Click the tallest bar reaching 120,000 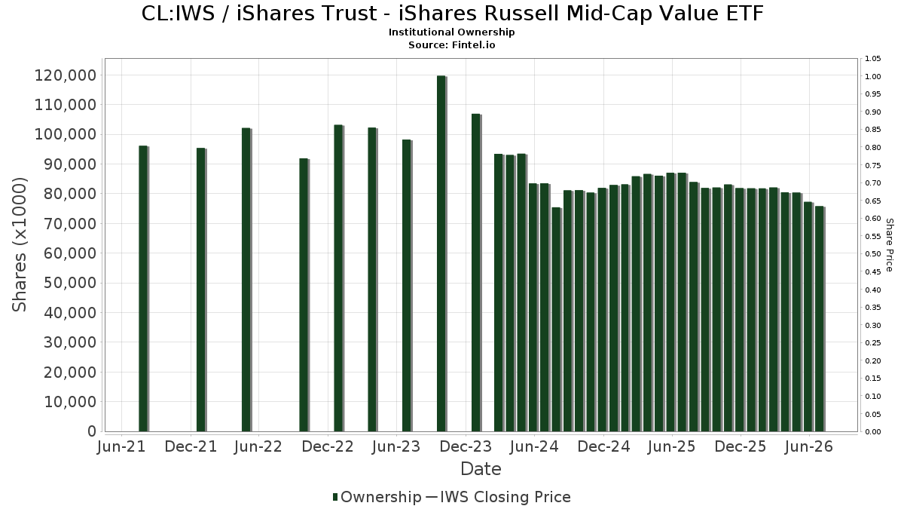point(442,253)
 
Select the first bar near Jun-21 point(144,288)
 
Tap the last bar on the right point(820,319)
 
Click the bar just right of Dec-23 point(477,273)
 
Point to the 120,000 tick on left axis point(66,75)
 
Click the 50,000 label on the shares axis point(70,283)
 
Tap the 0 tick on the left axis point(92,431)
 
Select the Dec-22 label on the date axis point(328,446)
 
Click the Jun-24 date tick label point(534,446)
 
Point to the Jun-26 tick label point(809,446)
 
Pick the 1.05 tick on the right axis point(873,59)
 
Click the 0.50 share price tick point(873,254)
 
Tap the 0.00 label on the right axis point(873,432)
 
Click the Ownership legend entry point(377,497)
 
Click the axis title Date point(481,469)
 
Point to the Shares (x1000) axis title point(20,245)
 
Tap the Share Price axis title point(890,245)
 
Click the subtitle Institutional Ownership point(451,32)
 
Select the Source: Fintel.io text point(451,44)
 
